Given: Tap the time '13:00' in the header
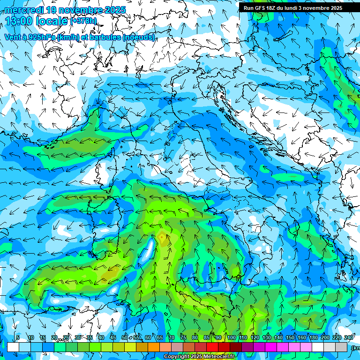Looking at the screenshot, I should [x=19, y=21].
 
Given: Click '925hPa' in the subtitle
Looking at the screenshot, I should [x=41, y=37].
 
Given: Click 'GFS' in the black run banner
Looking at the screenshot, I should [x=261, y=8].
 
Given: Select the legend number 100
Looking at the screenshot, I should [x=232, y=338].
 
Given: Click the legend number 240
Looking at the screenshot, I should [x=349, y=338].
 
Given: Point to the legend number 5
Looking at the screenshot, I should [x=18, y=338].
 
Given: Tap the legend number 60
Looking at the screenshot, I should [x=148, y=338].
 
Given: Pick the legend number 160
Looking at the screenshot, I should [x=302, y=338].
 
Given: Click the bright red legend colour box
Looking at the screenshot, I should [x=213, y=347].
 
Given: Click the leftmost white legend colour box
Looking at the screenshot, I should [x=13, y=347].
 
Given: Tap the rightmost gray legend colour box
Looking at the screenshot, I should [x=342, y=347].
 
